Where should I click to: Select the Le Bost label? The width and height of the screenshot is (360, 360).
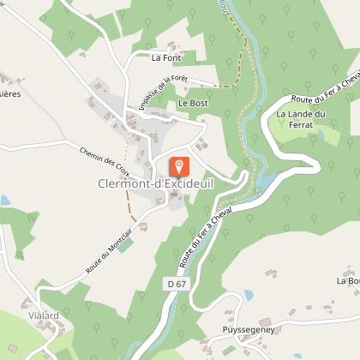coord(193,103)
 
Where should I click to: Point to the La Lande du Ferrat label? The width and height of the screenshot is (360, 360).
coord(301,119)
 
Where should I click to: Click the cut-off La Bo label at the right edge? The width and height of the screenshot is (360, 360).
coord(347,280)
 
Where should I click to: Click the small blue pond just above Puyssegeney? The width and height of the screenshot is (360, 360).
coord(249,295)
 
